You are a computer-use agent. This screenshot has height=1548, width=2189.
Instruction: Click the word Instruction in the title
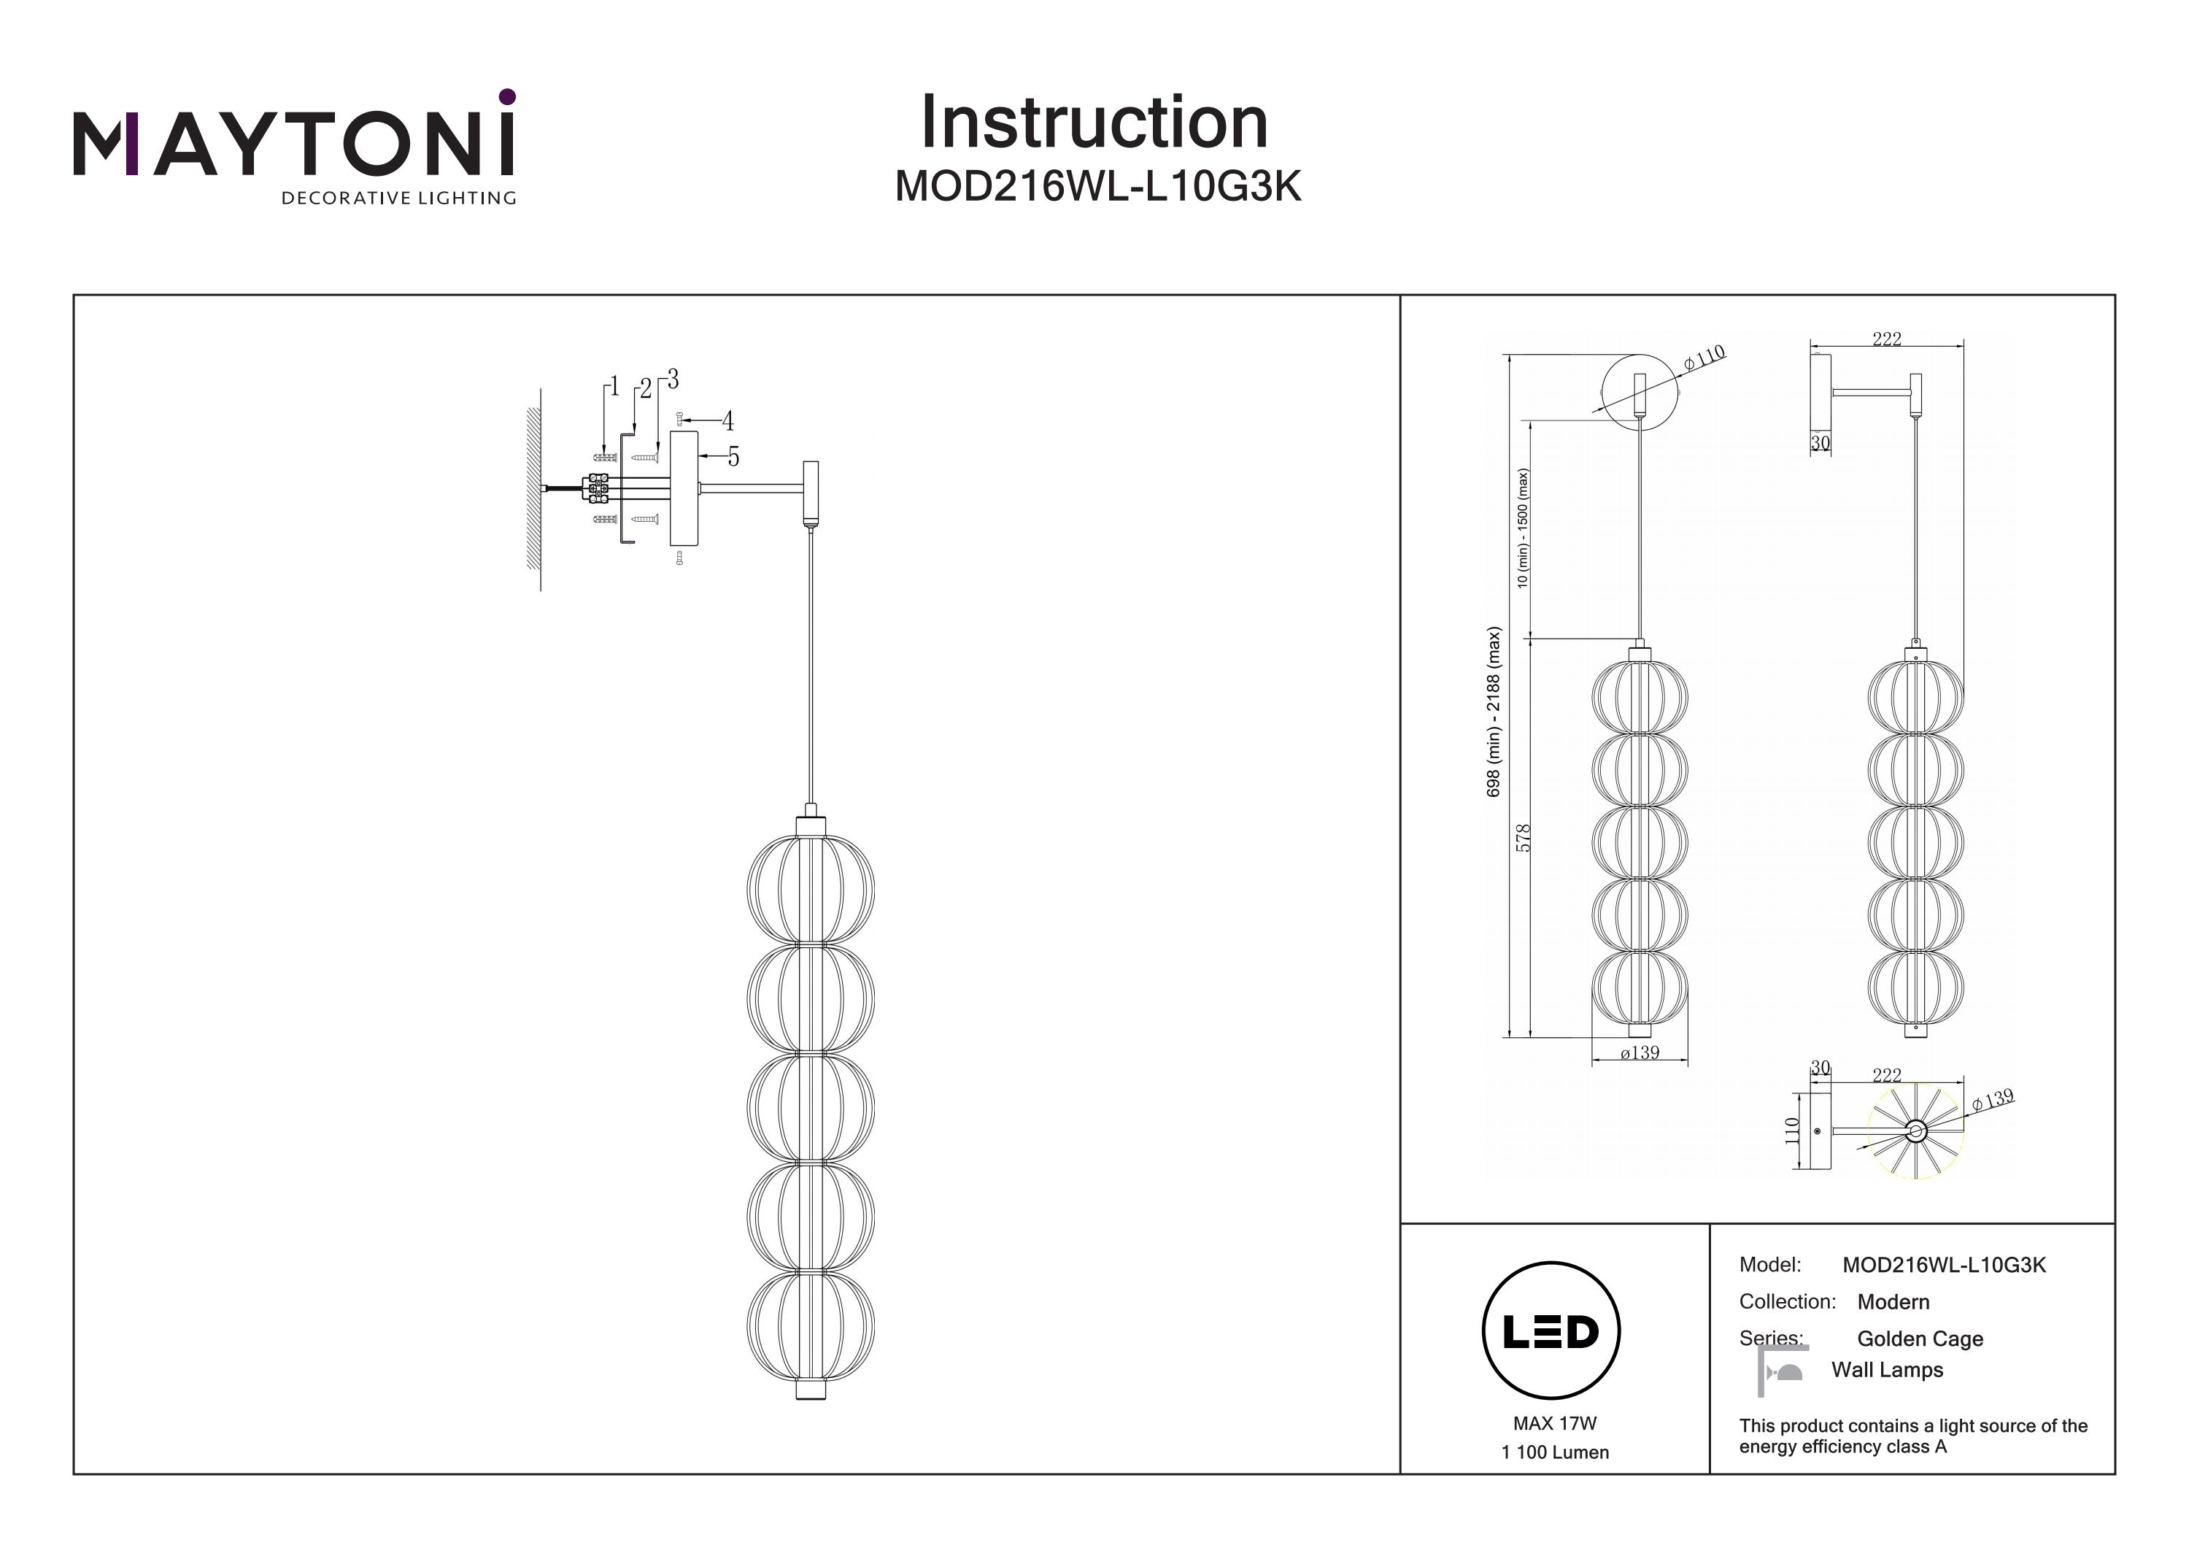tap(1094, 123)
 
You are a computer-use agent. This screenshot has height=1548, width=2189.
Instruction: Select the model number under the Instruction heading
tap(1097, 187)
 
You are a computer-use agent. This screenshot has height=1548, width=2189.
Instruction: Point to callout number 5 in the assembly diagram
tap(733, 458)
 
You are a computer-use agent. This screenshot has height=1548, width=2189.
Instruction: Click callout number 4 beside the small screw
tap(727, 420)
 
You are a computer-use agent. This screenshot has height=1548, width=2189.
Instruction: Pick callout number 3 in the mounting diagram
tap(673, 380)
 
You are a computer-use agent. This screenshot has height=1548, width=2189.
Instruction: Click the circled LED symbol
tap(1551, 1331)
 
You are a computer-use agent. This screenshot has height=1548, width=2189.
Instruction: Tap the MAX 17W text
tap(1554, 1424)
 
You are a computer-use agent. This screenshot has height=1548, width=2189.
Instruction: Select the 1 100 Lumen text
tap(1554, 1452)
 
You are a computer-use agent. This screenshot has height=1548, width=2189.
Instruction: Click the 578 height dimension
tap(1523, 837)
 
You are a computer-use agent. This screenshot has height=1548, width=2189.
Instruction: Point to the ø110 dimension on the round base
tap(1704, 358)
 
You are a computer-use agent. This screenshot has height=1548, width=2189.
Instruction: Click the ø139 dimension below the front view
tap(1639, 1053)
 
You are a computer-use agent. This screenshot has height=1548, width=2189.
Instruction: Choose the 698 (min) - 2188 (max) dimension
tap(1493, 711)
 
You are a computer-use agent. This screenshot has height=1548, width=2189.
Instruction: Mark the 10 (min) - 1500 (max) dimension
tap(1523, 528)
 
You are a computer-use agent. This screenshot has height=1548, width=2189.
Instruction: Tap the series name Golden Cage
tap(1919, 1339)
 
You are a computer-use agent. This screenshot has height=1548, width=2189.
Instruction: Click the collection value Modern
tap(1893, 1302)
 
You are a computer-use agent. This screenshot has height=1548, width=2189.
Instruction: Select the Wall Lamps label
tap(1887, 1371)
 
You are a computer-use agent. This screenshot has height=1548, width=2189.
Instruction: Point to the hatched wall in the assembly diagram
tap(533, 489)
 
